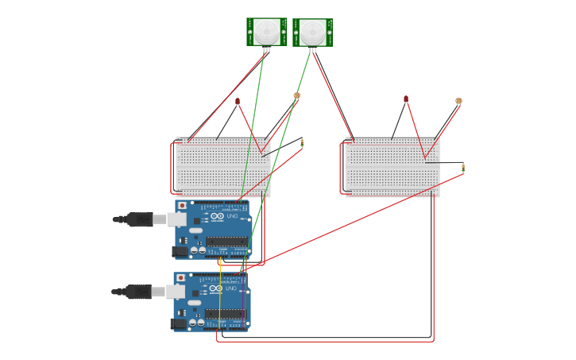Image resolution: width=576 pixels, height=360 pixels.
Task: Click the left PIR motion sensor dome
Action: (266, 32)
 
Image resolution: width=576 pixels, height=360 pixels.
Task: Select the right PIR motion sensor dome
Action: (313, 32)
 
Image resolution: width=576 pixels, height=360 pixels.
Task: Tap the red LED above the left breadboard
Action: (238, 101)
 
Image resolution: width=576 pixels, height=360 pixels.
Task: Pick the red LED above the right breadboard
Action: (406, 99)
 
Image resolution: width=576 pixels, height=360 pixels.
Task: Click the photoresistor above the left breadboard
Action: (297, 95)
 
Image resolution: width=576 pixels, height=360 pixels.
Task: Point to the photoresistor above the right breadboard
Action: (458, 101)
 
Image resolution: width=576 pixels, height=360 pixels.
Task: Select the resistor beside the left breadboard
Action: (302, 143)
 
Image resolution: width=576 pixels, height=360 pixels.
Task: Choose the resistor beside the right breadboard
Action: (463, 167)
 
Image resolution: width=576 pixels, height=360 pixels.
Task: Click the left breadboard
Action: (222, 167)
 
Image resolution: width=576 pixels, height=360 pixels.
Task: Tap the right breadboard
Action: (390, 167)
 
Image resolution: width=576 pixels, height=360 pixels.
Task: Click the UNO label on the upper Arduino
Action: (232, 216)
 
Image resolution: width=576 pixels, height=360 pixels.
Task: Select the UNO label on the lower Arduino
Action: (230, 288)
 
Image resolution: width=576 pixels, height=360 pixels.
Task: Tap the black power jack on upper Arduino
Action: (180, 251)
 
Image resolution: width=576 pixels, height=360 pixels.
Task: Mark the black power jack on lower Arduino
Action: (180, 323)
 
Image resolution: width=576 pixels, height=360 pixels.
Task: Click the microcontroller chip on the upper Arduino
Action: (226, 241)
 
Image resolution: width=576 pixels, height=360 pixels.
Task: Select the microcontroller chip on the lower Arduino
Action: (225, 313)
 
